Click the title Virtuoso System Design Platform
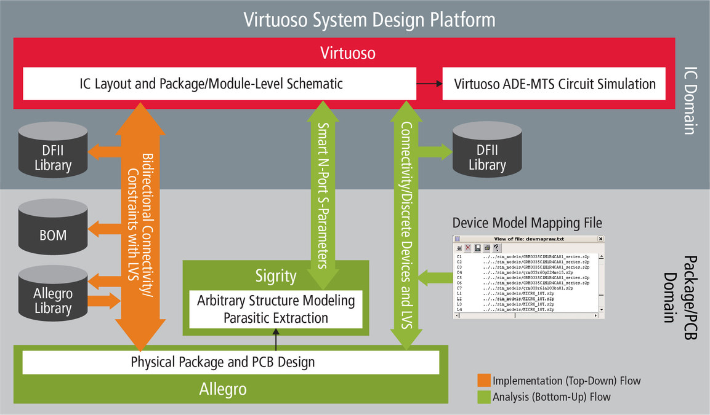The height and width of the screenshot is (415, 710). [369, 20]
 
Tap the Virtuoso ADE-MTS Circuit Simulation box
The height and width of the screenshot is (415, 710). [554, 84]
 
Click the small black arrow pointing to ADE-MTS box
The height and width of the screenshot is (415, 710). [429, 84]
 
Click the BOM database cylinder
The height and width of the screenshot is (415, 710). [54, 228]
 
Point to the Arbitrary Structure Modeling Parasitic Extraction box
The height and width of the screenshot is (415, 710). [276, 309]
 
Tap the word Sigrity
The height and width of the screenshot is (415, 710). [276, 276]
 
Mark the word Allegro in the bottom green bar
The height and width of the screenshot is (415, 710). [223, 389]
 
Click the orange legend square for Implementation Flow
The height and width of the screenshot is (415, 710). [484, 381]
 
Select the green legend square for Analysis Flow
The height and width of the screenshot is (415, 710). [484, 397]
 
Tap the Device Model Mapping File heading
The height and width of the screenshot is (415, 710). [527, 223]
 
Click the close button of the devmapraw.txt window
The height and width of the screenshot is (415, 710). [600, 239]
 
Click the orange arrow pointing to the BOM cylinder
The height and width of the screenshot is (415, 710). [105, 230]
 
